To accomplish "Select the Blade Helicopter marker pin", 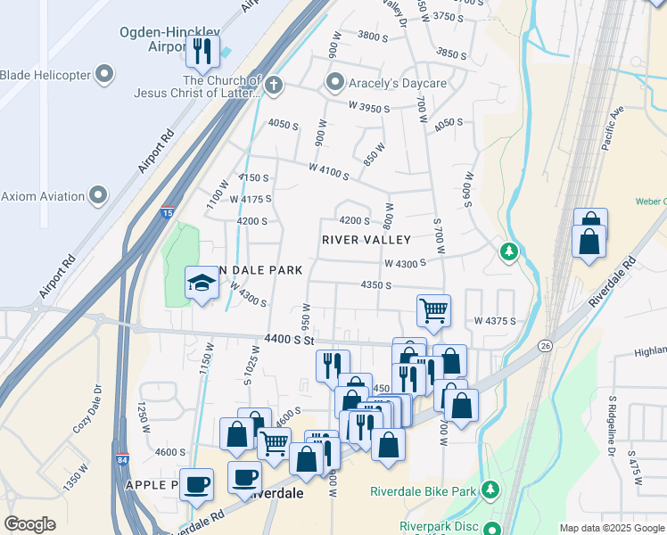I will click(x=105, y=74).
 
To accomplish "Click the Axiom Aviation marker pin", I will click(x=98, y=194).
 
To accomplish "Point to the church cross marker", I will click(x=274, y=85).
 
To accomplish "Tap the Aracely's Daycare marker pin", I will click(x=335, y=83).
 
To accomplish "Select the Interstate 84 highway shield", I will click(x=122, y=460).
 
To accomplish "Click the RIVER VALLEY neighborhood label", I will click(x=366, y=240).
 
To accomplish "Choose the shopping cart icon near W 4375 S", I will click(x=432, y=311).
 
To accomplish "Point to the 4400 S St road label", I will click(x=290, y=340).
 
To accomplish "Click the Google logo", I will click(x=30, y=524).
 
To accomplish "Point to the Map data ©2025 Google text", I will click(x=611, y=528).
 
